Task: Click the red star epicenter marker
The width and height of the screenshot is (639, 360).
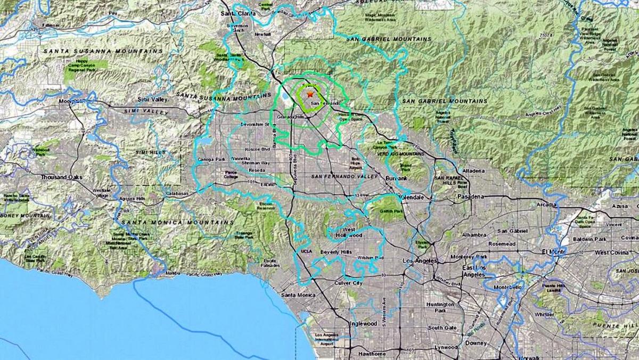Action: coord(309,94)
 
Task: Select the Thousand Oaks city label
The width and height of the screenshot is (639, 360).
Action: coord(62,177)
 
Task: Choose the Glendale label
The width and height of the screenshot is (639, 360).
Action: coord(412,197)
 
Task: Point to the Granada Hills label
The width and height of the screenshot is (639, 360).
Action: coord(291,116)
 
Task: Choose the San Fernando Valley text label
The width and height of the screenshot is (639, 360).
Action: coord(344,176)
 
